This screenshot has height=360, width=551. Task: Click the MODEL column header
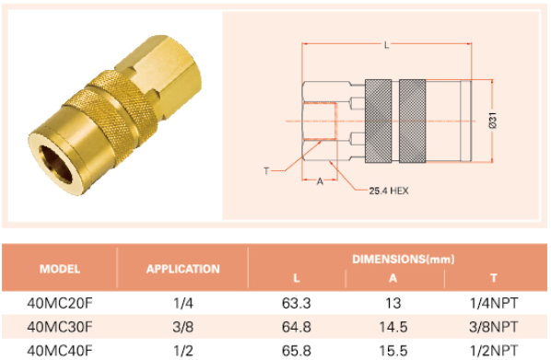tap(60, 269)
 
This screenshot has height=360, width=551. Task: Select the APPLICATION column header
tap(182, 269)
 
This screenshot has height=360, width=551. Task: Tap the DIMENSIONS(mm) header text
tap(403, 260)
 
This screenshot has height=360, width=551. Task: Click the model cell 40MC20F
tap(60, 303)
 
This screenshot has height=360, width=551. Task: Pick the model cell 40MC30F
tap(60, 327)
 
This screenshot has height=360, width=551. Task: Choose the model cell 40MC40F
tap(60, 351)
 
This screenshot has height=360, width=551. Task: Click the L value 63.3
tap(297, 303)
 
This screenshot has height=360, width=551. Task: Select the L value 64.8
tap(297, 327)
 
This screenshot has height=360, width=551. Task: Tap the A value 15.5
tap(393, 351)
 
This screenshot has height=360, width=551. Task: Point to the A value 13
tap(393, 303)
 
